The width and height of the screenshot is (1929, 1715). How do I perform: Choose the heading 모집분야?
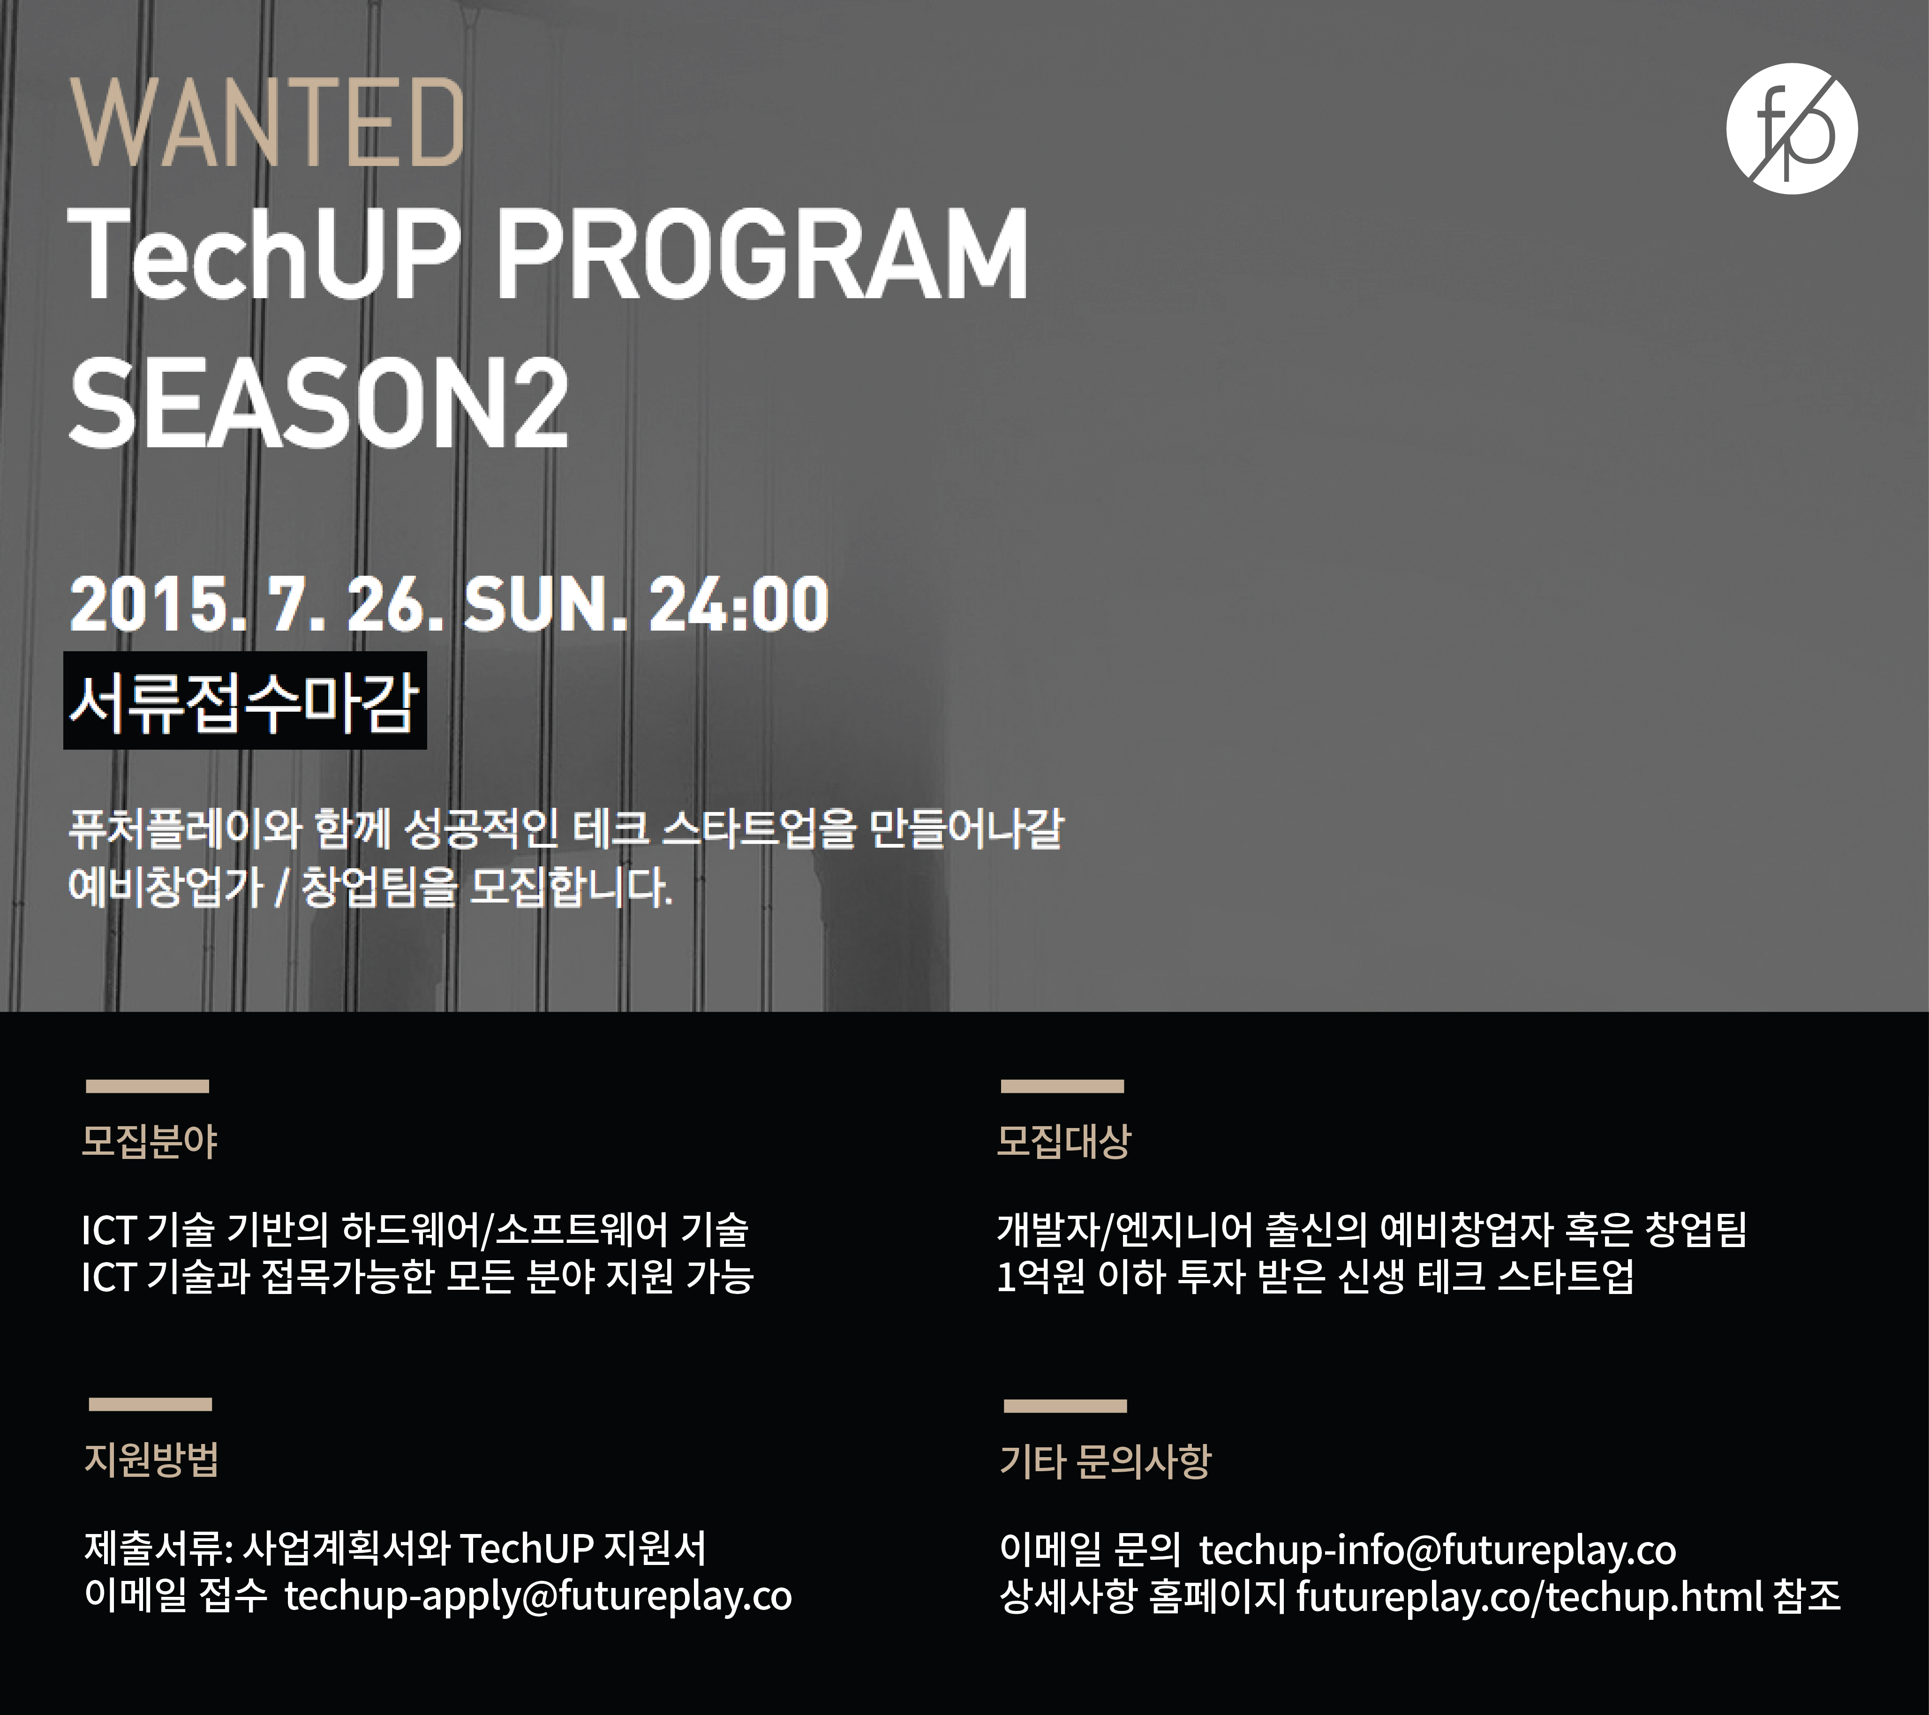tap(150, 1141)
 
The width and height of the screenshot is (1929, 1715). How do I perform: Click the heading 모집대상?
tap(1063, 1141)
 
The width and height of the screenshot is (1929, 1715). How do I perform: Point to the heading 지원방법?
tap(152, 1459)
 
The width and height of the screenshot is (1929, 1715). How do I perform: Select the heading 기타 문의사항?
tap(1105, 1461)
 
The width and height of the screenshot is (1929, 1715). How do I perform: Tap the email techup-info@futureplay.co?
tap(1437, 1550)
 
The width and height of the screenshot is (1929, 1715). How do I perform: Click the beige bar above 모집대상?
tap(1062, 1086)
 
